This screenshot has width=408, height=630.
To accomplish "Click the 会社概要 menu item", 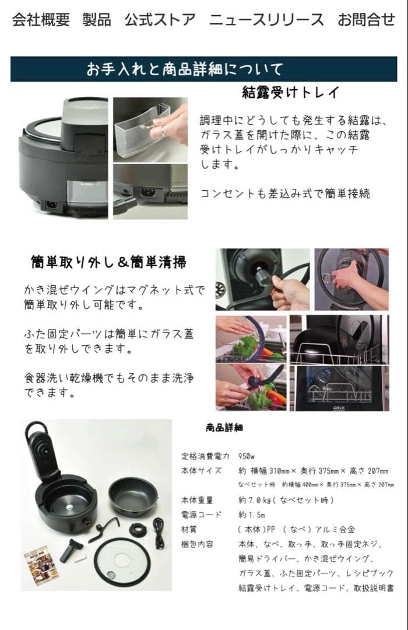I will [41, 19].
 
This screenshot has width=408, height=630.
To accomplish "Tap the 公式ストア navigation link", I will [160, 19].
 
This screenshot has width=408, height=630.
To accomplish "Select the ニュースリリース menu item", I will [266, 19].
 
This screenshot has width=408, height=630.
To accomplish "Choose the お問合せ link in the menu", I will [366, 19].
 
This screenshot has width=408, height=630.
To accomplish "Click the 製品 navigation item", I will [97, 19].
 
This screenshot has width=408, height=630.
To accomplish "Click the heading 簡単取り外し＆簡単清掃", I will [108, 262].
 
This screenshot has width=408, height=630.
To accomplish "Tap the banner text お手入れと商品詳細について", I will [184, 69].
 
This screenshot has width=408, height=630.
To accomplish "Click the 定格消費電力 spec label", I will [205, 456].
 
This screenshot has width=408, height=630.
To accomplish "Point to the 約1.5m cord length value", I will [251, 514].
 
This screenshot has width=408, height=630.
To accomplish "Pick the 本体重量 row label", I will [197, 500].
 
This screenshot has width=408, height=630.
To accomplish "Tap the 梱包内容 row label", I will [197, 544].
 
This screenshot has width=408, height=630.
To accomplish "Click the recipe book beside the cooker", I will [41, 565].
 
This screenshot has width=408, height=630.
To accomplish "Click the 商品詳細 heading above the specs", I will [224, 428].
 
